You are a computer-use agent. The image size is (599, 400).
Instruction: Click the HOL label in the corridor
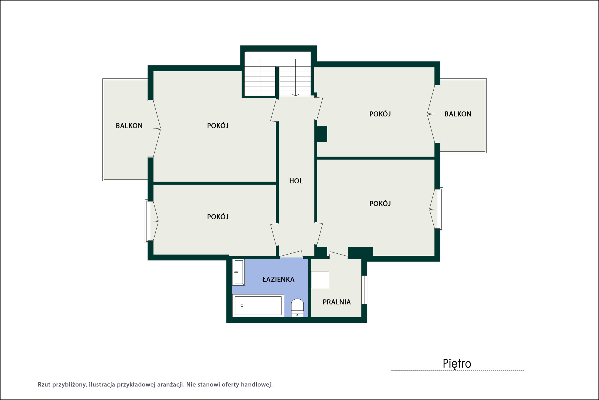coord(296,181)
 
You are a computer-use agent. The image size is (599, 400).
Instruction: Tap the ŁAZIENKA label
coord(278,279)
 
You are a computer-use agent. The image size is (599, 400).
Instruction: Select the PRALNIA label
coord(337,302)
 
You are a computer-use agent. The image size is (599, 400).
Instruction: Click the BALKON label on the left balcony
coord(129,126)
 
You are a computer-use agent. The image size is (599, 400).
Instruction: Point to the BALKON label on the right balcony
coord(458,114)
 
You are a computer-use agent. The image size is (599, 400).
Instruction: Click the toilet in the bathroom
coord(297,308)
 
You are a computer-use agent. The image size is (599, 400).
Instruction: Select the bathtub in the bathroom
coord(258,306)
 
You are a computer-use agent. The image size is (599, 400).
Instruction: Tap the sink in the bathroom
coord(239,272)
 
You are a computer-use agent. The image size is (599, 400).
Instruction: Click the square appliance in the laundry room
coord(320,279)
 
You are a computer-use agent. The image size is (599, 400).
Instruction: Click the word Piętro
coord(457,364)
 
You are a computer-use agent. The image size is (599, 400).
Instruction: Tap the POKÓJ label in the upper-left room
coord(218,126)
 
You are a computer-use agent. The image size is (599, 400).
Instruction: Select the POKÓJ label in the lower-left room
coord(218,217)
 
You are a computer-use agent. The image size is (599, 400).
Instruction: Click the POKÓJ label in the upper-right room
coord(380,114)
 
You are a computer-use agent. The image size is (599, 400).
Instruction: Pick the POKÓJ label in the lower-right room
coord(380,204)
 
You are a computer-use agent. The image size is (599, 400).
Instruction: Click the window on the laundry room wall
coord(364,290)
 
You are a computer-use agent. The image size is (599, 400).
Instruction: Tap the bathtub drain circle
coord(242,306)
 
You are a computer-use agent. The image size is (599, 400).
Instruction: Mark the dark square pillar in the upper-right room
coord(322,134)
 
